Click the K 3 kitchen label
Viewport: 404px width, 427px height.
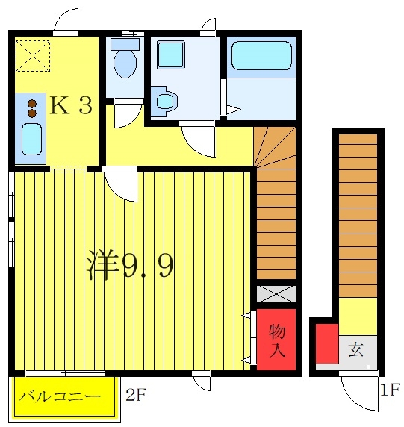tap(71, 105)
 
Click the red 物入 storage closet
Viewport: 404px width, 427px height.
tap(276, 340)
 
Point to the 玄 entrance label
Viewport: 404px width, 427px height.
tap(355, 349)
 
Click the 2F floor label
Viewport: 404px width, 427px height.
tap(136, 395)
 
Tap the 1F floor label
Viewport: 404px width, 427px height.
tap(390, 389)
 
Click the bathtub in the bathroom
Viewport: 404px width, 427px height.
tap(261, 55)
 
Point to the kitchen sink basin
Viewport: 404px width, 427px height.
tap(31, 139)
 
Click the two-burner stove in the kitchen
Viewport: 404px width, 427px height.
tap(32, 108)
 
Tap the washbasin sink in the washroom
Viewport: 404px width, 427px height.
tap(165, 102)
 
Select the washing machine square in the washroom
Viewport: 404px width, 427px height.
tap(171, 54)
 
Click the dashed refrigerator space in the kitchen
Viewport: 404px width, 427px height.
tap(33, 56)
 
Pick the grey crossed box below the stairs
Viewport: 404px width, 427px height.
tap(276, 294)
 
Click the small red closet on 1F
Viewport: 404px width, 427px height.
tap(327, 343)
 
